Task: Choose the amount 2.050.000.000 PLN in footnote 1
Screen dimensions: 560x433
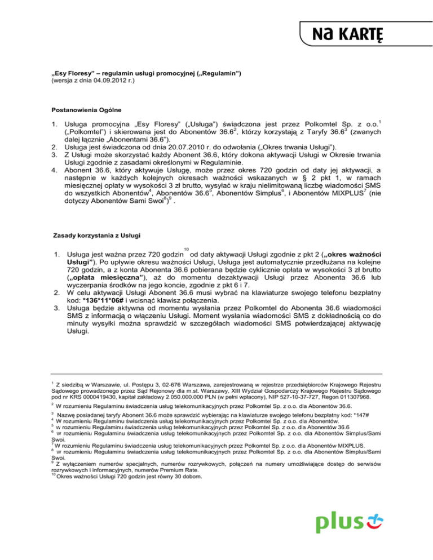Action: tap(180, 397)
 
